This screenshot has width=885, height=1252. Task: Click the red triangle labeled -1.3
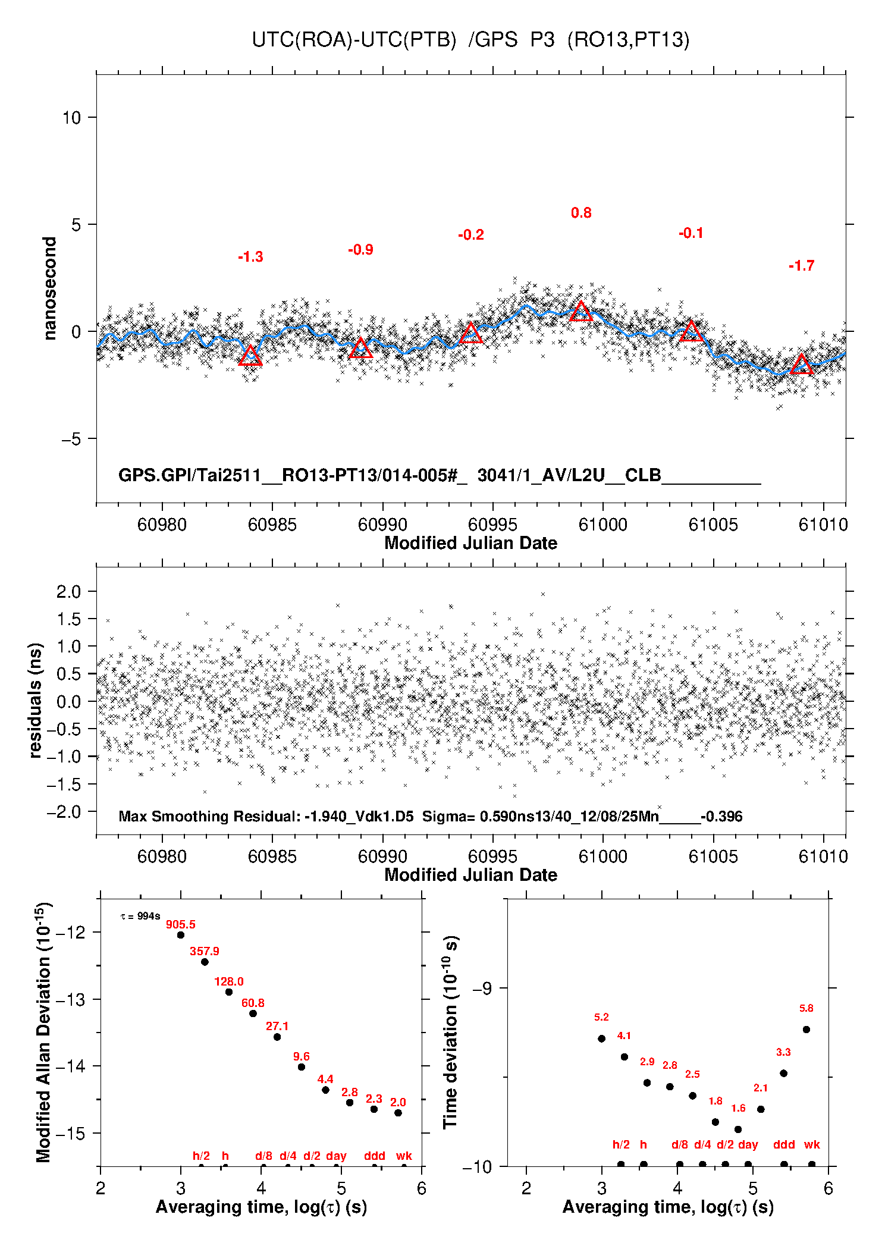pos(250,356)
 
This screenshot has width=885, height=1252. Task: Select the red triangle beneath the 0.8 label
pos(581,312)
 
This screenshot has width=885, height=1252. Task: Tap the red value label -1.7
pos(801,266)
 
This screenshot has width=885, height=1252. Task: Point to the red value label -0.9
pos(360,250)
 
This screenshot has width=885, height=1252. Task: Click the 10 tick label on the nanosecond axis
pos(71,118)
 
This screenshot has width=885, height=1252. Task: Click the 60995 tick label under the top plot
pos(492,525)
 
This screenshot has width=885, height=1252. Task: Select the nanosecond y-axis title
pos(50,288)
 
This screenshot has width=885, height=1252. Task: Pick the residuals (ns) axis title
pos(36,700)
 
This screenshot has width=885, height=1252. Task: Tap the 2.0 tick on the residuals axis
pos(68,592)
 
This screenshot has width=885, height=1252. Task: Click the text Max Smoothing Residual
pos(209,816)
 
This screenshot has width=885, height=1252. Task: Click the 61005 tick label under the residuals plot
pos(713,856)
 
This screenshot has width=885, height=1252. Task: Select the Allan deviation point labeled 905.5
pos(181,935)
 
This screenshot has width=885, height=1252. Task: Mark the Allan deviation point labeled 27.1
pos(277,1037)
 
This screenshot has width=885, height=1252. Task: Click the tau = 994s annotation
pos(140,916)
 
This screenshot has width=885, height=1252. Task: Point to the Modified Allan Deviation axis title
pos(43,1032)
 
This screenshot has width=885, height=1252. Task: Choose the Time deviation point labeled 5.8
pos(806,1030)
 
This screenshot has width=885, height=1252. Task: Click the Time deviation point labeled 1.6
pos(738,1129)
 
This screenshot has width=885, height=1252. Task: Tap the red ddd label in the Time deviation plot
pos(784,1144)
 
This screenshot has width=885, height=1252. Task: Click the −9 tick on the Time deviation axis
pos(482,989)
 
